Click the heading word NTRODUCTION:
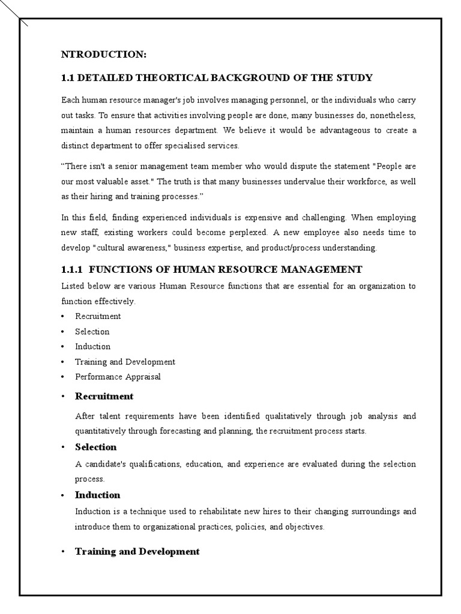104,55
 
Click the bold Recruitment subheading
104,396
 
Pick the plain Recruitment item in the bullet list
98,316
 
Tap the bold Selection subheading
95,447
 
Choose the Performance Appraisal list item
118,377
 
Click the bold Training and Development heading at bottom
137,552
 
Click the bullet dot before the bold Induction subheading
63,496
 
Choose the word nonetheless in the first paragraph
391,115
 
